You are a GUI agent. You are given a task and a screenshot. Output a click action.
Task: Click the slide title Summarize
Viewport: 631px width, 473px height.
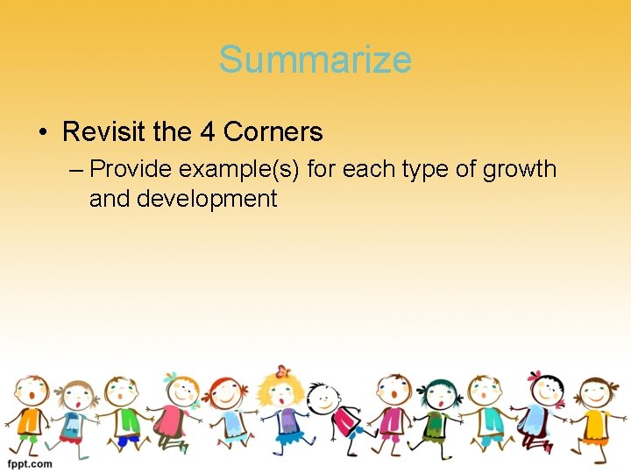(315, 60)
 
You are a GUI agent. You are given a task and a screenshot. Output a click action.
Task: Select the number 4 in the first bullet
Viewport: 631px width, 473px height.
(207, 132)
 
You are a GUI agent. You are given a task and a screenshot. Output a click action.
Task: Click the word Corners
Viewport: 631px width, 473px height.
(273, 132)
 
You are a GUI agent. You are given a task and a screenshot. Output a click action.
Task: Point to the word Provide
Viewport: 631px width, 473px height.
(131, 168)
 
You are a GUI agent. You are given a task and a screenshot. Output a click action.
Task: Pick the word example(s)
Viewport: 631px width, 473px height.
(242, 168)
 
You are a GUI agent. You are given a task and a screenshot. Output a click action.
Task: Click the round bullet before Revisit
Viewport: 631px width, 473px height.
(43, 133)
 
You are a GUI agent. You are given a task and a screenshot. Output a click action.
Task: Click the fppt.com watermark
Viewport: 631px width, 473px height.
(30, 463)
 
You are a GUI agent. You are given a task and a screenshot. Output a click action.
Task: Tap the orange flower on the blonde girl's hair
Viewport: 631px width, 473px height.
(281, 371)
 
